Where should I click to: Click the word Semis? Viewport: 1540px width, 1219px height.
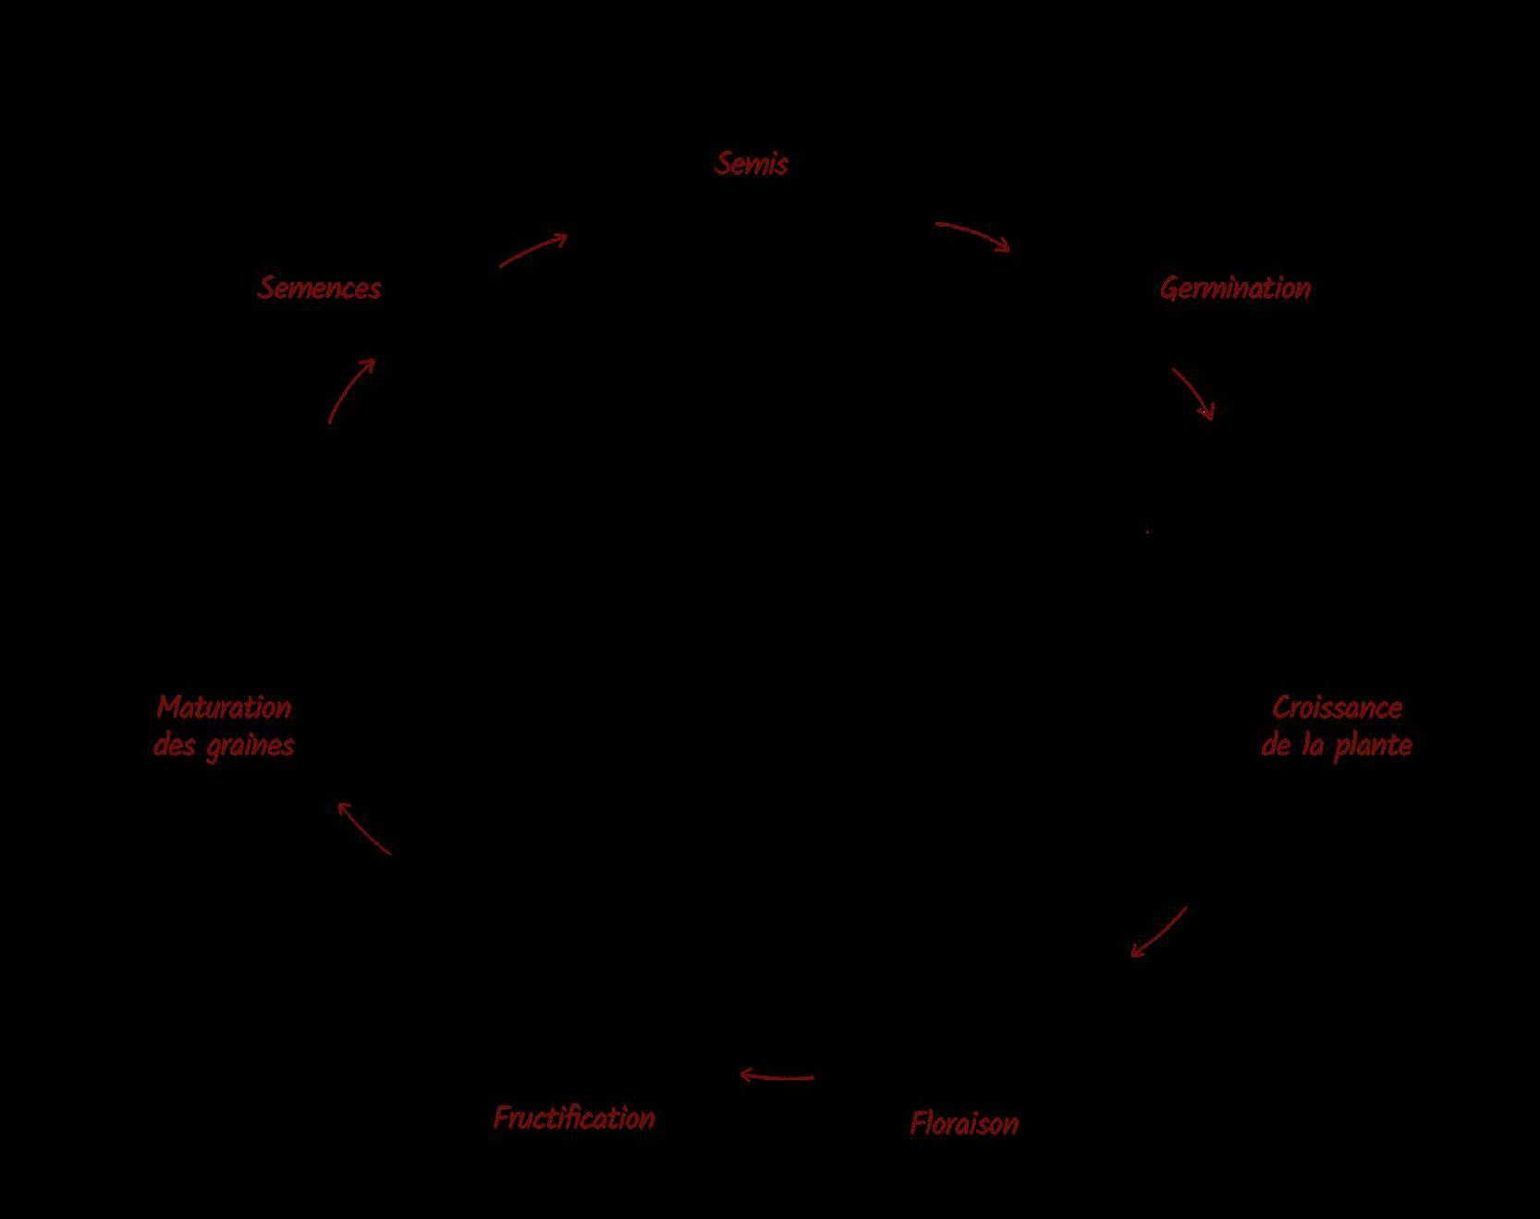pos(752,164)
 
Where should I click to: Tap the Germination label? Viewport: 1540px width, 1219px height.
pos(1235,289)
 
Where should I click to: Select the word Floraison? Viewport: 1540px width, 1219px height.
pos(964,1123)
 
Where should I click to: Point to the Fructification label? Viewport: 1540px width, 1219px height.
pos(574,1118)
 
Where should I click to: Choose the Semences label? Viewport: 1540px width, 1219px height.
pos(319,288)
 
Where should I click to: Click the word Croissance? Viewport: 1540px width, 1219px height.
pos(1337,708)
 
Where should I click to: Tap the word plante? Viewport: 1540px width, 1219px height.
pos(1373,746)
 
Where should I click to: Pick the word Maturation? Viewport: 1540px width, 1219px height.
pos(224,708)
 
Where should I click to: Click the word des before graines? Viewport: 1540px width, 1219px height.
pos(174,745)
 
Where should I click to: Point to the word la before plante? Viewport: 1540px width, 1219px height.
pos(1313,745)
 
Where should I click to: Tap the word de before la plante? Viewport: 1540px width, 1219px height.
pos(1276,745)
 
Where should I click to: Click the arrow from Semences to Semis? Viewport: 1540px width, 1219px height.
pos(532,251)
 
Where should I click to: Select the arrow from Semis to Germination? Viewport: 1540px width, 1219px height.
pos(973,236)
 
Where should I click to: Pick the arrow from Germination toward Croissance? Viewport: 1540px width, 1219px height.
pos(1193,393)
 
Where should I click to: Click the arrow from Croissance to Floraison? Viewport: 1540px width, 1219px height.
pos(1159,932)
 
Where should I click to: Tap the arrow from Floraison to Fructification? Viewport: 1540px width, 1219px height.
pos(776,1077)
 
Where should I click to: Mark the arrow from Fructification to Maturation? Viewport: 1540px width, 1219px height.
pos(364,828)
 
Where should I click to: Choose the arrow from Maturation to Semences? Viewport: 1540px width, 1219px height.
pos(351,390)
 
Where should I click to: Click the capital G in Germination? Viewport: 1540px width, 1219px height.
pos(1168,289)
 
